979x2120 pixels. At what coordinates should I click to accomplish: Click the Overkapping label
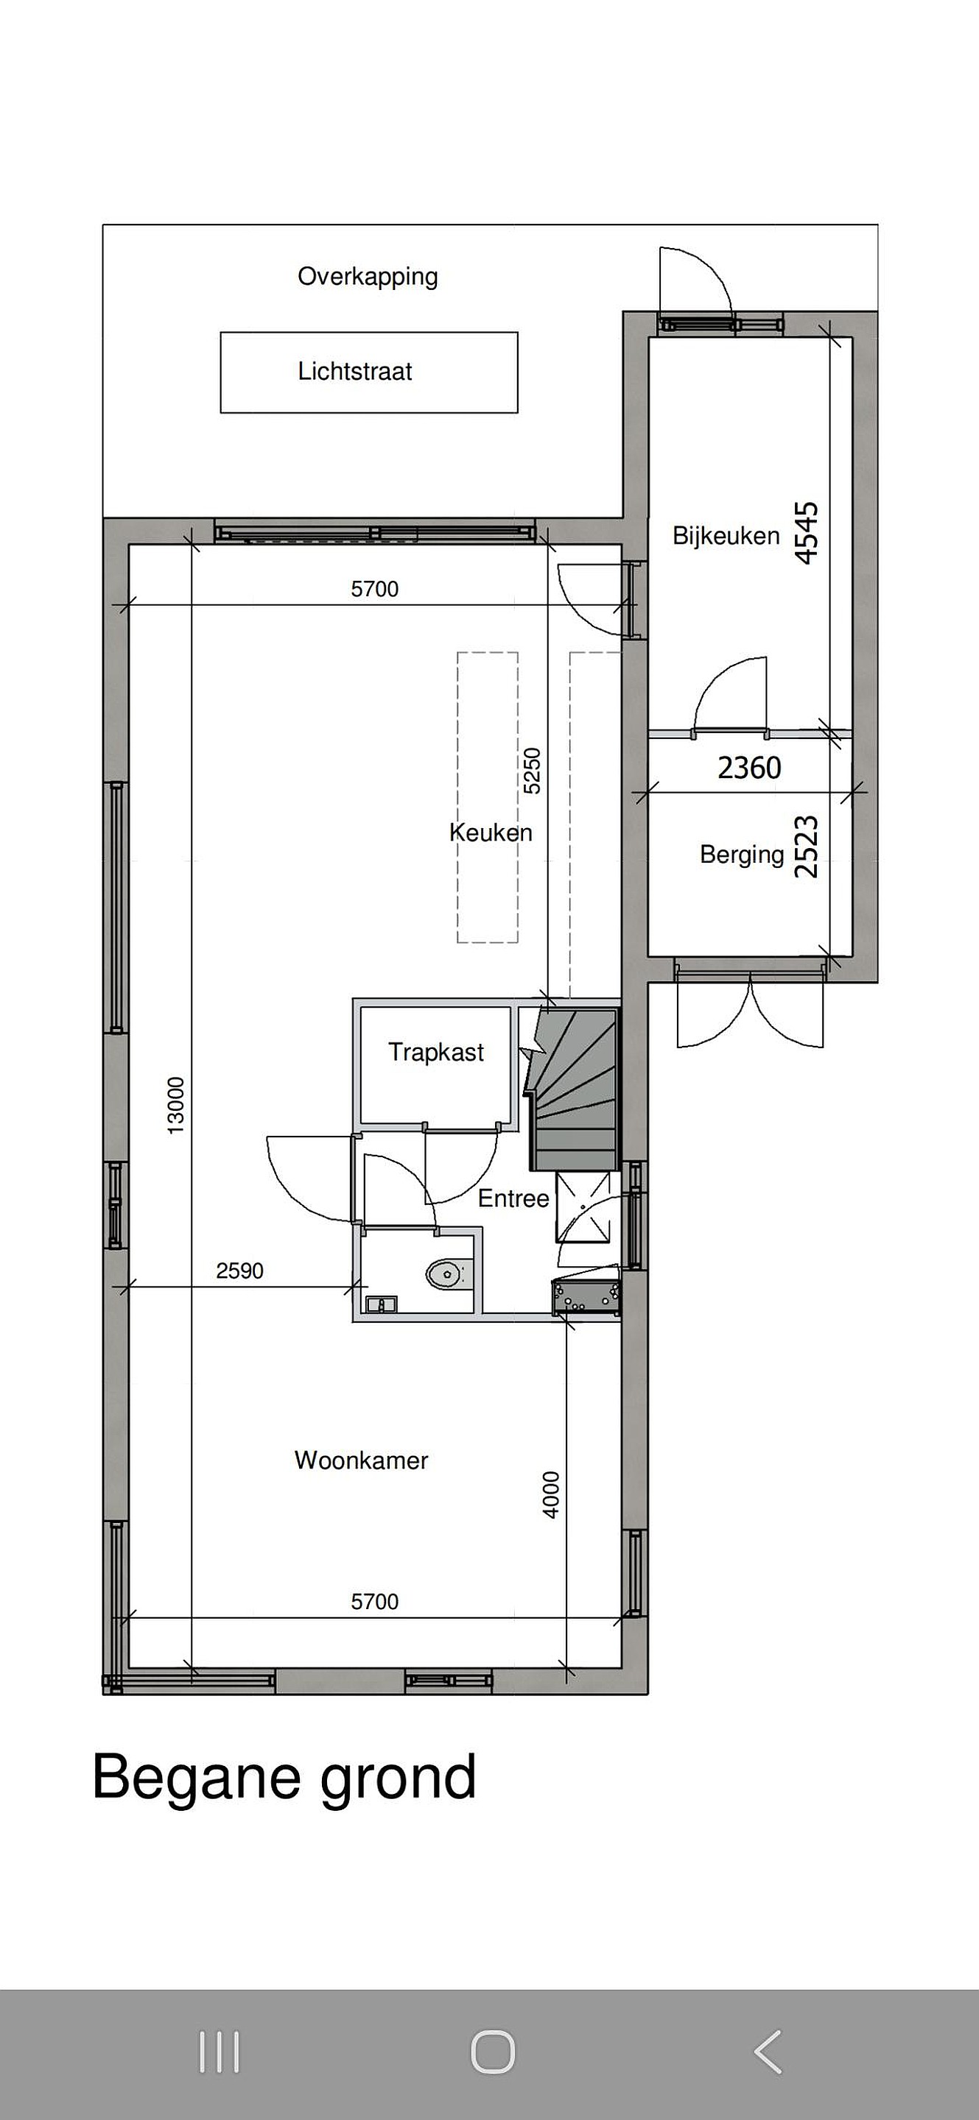368,277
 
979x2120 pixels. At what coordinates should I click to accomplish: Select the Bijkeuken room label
726,536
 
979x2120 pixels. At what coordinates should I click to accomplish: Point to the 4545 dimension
807,532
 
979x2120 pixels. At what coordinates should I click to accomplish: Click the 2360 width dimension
749,768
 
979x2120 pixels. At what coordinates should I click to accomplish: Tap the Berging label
742,854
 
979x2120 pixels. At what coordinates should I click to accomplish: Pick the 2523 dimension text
806,846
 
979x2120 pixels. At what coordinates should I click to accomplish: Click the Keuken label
491,832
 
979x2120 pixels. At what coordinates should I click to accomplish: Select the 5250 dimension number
533,770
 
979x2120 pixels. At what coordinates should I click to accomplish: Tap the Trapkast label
435,1052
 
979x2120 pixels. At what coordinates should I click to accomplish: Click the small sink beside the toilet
382,1304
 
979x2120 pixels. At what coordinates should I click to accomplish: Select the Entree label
513,1198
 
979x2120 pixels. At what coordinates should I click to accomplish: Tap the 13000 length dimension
176,1105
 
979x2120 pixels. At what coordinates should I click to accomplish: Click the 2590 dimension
239,1271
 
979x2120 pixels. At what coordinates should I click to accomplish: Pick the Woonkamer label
362,1460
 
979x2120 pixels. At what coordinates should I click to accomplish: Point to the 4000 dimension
551,1494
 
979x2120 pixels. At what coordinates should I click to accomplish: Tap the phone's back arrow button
768,2052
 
